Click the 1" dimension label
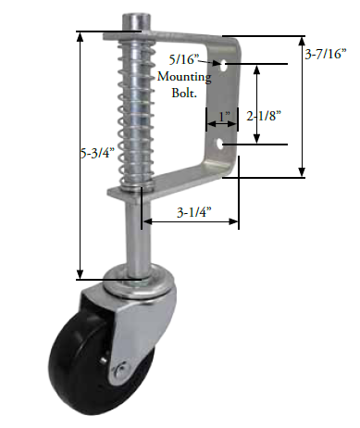(x=221, y=117)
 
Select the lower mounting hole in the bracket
(x=220, y=145)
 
